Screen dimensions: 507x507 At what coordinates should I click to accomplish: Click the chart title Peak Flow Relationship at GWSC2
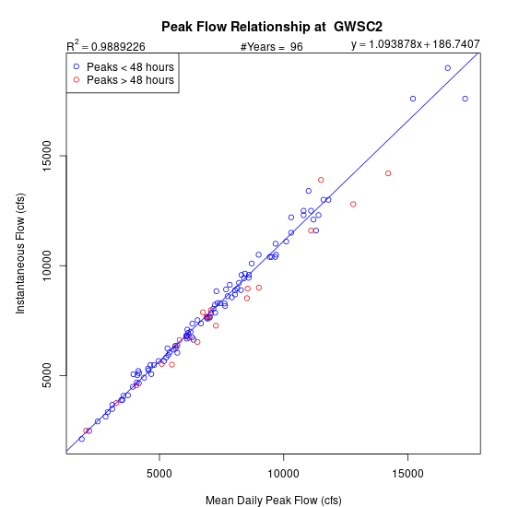272,27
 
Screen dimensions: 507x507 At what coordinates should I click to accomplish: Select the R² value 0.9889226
118,47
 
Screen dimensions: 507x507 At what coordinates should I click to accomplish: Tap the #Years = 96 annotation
272,47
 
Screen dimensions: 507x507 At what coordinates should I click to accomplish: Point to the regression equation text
415,44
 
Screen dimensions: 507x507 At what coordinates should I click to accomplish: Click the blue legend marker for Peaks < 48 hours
77,66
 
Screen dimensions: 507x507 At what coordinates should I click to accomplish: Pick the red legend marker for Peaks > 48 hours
77,79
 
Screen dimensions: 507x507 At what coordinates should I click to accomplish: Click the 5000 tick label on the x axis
159,474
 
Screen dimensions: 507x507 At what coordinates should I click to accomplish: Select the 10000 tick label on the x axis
283,474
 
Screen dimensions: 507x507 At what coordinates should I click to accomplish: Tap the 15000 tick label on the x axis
407,474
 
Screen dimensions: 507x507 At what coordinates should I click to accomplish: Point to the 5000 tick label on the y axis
47,375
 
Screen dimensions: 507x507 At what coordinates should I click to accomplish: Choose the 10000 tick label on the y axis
47,265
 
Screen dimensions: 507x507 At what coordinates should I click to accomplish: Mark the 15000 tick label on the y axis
47,156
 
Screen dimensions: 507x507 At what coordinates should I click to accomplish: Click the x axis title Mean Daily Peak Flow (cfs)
274,501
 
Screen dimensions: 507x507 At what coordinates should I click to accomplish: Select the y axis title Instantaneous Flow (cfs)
20,253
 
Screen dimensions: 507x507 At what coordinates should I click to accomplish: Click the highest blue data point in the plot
448,68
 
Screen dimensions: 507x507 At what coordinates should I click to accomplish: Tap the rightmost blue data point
465,99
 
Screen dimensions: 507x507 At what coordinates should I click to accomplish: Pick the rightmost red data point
388,173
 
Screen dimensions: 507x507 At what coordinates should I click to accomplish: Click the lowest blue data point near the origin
82,439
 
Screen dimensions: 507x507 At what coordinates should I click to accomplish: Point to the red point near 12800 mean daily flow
353,204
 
